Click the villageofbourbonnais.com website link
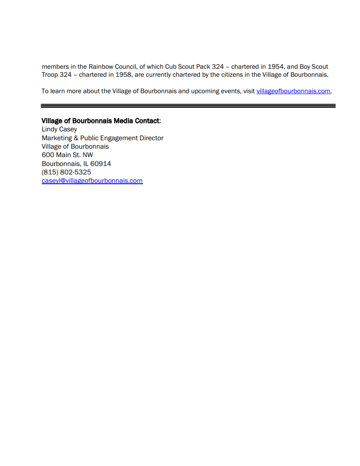(293, 91)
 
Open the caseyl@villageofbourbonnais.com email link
(92, 181)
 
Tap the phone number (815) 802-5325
(66, 172)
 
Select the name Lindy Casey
(59, 129)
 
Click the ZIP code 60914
(101, 164)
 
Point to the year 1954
(275, 67)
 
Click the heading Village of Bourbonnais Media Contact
(100, 121)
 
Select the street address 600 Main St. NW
(67, 155)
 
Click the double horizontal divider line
(188, 106)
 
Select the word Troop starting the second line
(50, 75)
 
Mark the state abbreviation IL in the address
(86, 164)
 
